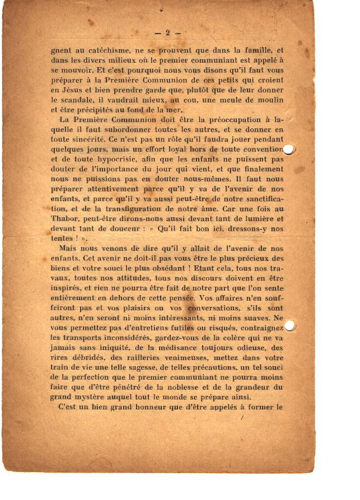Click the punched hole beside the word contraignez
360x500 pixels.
click(290, 326)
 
